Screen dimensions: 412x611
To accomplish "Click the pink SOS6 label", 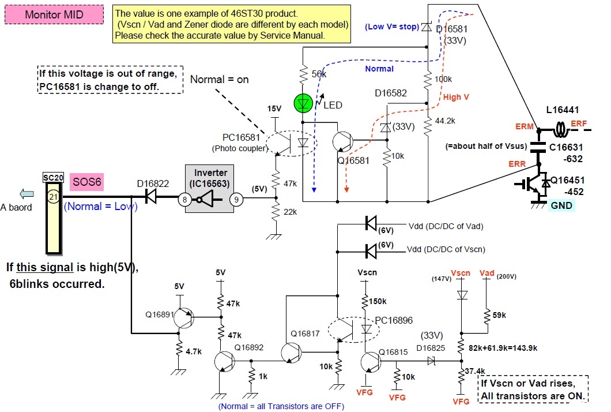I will [x=86, y=183].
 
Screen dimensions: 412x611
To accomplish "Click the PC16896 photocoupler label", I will [x=394, y=319].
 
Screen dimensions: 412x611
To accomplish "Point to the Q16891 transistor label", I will [x=160, y=314].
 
